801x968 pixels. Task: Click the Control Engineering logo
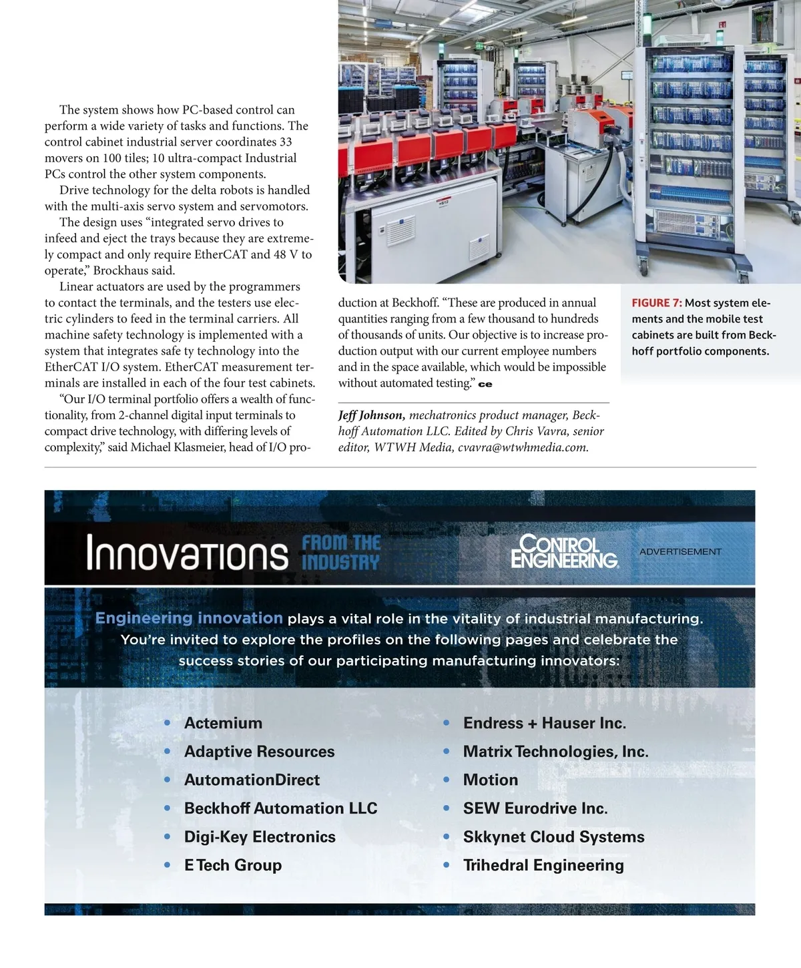tap(564, 551)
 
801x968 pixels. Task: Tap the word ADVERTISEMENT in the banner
tap(680, 551)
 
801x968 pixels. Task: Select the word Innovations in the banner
tap(187, 553)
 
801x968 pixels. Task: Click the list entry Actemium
tap(223, 723)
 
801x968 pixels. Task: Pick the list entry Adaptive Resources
tap(259, 752)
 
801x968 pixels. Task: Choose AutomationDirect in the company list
tap(252, 780)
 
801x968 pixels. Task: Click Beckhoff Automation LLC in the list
tap(280, 808)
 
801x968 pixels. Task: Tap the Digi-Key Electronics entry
tap(260, 837)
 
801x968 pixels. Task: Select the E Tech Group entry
tap(233, 865)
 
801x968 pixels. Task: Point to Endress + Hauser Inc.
tap(544, 723)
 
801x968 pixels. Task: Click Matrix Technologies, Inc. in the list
tap(555, 752)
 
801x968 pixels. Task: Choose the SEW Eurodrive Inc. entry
tap(535, 808)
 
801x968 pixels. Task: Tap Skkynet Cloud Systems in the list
tap(553, 837)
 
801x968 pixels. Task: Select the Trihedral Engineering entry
tap(543, 865)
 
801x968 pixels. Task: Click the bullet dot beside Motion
tap(447, 780)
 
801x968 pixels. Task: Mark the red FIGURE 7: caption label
tap(656, 303)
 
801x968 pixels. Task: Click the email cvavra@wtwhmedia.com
tap(523, 447)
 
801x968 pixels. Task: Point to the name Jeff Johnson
tap(371, 415)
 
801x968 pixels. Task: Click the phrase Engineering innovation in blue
tap(189, 618)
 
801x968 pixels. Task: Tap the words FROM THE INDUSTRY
tap(340, 553)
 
